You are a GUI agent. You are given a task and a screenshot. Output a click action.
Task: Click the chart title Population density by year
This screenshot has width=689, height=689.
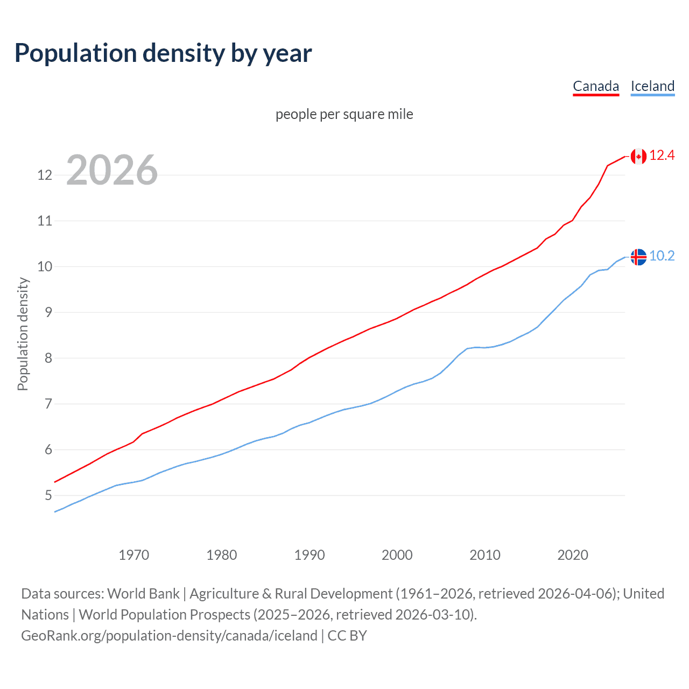pos(163,53)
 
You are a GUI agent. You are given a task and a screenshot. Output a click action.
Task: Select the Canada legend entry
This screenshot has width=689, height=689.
pos(596,86)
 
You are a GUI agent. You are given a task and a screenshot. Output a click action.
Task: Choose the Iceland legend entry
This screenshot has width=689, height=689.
pos(652,86)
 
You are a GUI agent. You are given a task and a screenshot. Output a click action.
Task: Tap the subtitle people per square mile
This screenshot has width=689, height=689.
pos(344,114)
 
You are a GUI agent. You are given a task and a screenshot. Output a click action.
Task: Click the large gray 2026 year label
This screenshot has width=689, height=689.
pos(112,170)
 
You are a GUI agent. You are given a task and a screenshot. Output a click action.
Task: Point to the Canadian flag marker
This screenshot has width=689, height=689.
pos(638,156)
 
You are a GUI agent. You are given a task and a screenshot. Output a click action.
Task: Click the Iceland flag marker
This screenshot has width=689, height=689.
pos(638,257)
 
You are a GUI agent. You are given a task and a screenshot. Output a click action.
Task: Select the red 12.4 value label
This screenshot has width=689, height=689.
pos(662,156)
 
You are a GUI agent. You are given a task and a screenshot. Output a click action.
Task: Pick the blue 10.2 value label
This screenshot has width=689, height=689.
pos(662,256)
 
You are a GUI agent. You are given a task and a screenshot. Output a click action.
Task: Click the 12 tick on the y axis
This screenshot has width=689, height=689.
pos(45,175)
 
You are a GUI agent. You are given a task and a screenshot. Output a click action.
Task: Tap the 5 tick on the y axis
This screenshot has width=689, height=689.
pos(48,495)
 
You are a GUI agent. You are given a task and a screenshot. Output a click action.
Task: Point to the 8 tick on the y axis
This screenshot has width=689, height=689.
pos(48,358)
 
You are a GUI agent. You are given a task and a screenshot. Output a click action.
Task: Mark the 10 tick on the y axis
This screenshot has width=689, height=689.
pos(45,266)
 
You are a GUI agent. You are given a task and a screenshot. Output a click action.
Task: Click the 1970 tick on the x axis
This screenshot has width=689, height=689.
pos(133,555)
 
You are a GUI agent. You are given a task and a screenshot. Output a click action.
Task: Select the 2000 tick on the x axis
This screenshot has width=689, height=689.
pos(397,555)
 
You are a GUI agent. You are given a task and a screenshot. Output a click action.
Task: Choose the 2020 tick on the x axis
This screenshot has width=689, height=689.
pos(572,555)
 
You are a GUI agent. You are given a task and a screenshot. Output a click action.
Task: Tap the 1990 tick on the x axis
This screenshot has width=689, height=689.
pos(309,555)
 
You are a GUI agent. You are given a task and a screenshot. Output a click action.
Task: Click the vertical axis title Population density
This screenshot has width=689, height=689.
pos(23,334)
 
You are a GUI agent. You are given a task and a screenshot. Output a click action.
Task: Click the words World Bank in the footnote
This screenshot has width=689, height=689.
pos(143,594)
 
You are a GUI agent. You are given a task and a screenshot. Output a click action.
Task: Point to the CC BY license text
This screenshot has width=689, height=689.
pos(347,636)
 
